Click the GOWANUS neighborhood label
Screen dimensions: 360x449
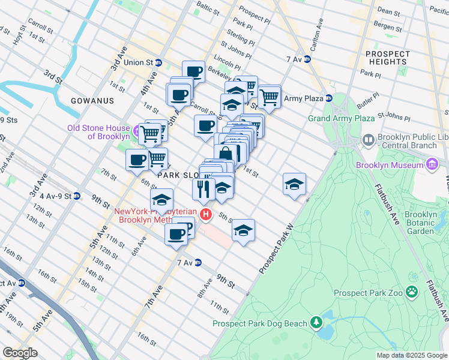coord(91,101)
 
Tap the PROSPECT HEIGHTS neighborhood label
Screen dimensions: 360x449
coord(387,58)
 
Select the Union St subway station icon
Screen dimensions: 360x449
coord(158,62)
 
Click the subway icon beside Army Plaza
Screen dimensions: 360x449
coord(329,98)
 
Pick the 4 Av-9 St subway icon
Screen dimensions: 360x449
coord(77,196)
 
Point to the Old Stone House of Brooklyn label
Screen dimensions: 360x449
coord(98,132)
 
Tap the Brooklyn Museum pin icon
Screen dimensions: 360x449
coord(432,164)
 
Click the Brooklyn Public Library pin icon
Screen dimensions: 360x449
coord(368,140)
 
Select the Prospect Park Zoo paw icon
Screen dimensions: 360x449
coord(412,292)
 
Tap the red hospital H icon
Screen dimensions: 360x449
coord(206,214)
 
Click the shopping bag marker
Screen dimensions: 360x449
coord(226,154)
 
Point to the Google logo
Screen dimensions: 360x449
coord(20,353)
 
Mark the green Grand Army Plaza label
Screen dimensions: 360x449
coord(341,119)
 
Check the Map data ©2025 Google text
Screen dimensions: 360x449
coord(411,355)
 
